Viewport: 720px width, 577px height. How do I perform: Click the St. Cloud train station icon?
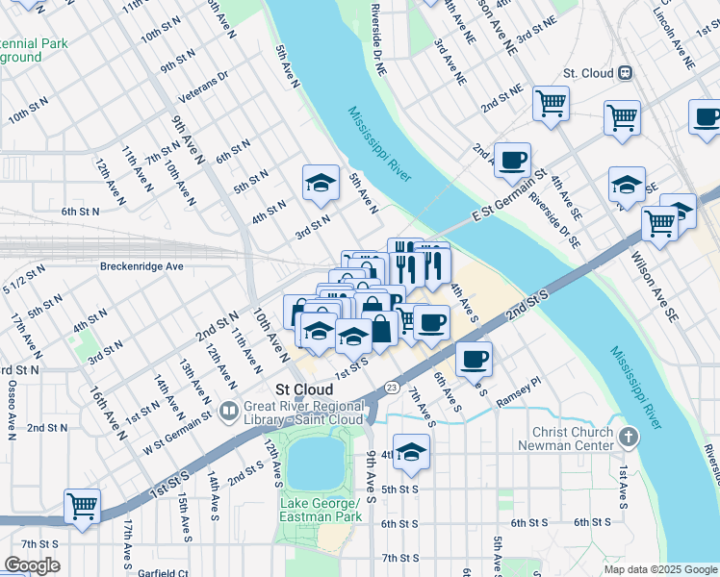tap(626, 72)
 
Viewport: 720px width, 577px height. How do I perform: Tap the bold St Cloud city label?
tap(304, 389)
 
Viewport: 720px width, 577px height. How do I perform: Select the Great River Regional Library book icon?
tap(229, 412)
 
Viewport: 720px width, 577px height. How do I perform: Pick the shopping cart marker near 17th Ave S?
tap(83, 506)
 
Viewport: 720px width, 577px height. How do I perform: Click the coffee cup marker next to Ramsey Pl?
tap(474, 360)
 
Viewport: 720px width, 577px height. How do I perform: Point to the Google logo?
tap(32, 564)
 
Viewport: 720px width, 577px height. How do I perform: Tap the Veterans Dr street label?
tap(203, 88)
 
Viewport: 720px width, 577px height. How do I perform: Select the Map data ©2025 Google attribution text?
tap(658, 569)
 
